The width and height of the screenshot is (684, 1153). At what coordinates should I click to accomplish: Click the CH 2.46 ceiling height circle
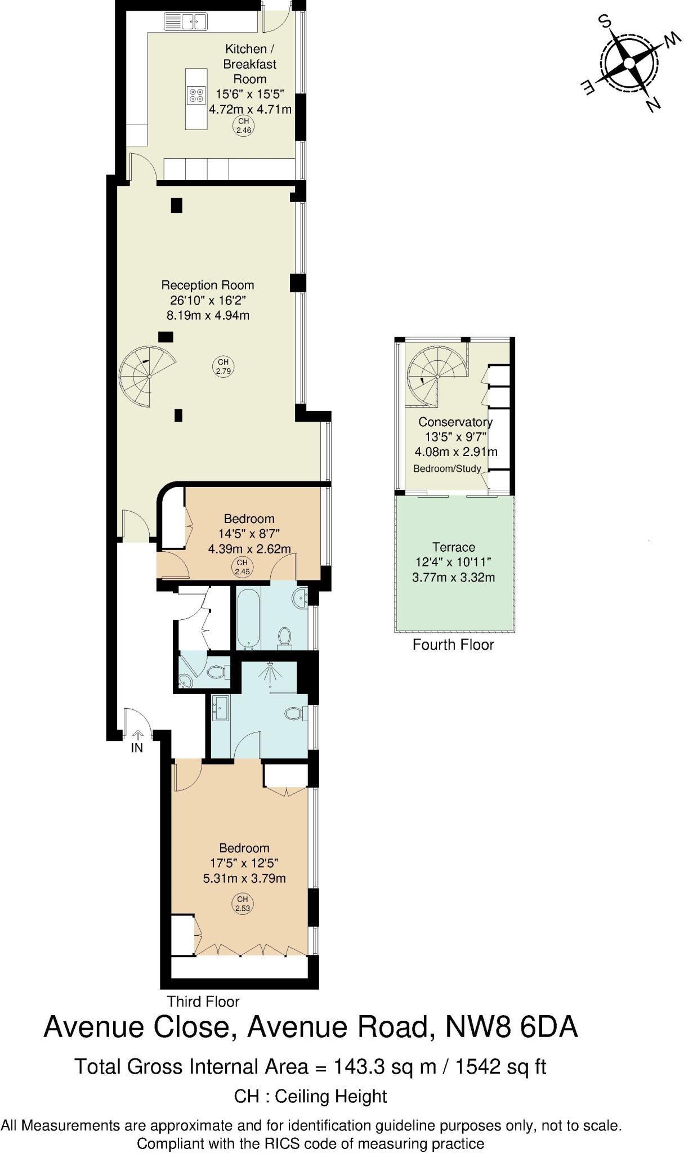pos(244,126)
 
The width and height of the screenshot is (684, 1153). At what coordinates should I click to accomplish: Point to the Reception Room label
pos(208,285)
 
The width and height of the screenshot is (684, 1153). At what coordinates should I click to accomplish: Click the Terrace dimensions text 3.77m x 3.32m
pos(454,577)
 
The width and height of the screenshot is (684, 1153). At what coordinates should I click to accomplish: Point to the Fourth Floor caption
pos(453,645)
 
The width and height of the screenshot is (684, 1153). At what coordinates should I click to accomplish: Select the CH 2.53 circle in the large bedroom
pos(242,904)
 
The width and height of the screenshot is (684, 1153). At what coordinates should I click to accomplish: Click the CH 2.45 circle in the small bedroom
pos(242,566)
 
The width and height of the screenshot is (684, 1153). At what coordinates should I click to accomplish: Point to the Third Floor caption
pos(203,1002)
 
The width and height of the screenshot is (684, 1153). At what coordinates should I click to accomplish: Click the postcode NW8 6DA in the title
pos(511,1026)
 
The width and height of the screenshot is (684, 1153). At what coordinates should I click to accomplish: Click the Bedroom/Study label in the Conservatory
pos(447,468)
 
